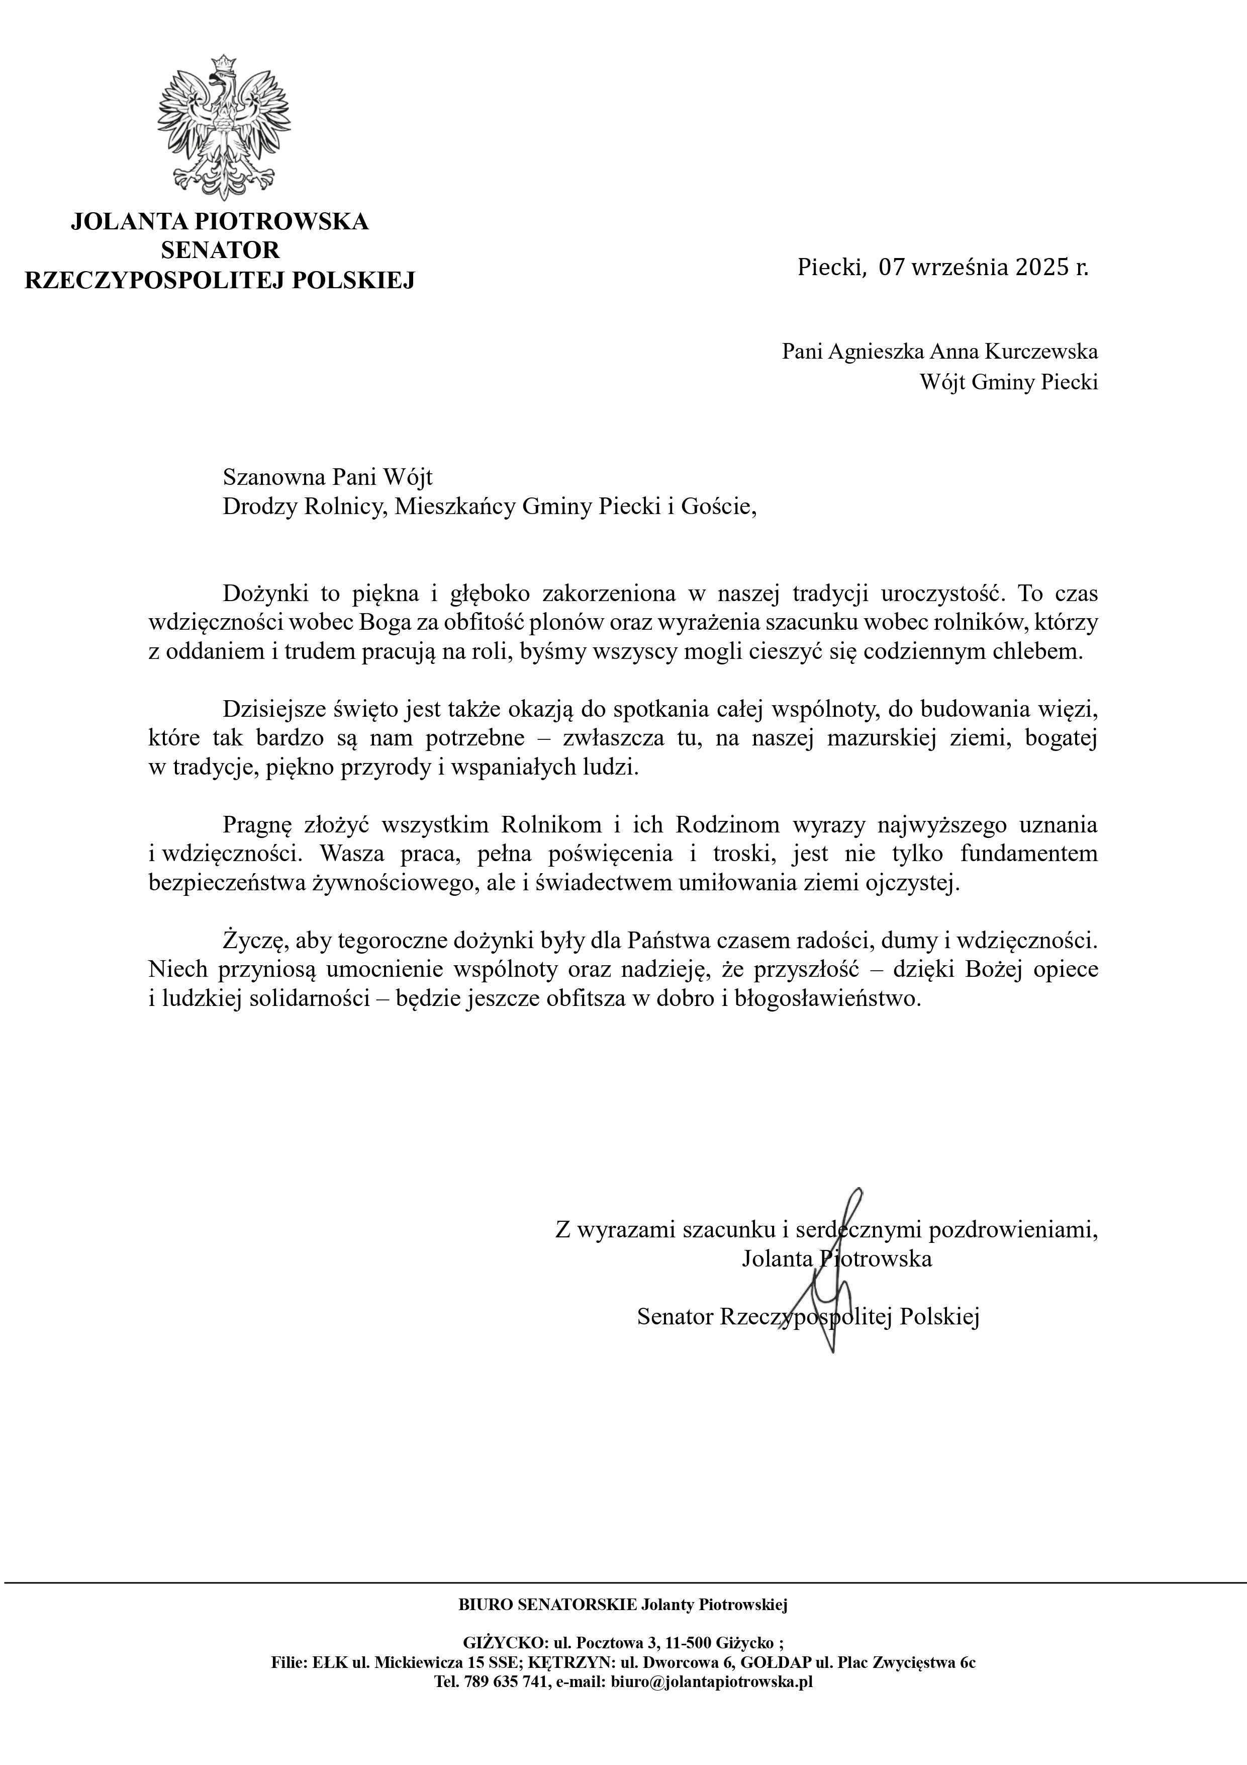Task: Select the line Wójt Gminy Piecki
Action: pos(1009,382)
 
